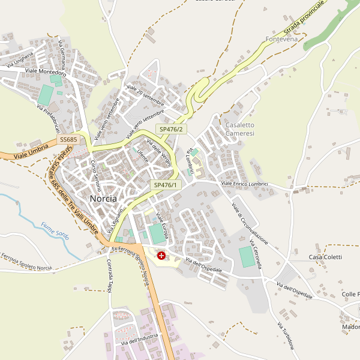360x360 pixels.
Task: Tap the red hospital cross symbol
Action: (x=161, y=256)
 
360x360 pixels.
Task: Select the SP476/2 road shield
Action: (x=171, y=129)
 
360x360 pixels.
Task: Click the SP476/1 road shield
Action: (x=165, y=185)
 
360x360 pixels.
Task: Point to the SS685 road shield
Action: (x=67, y=139)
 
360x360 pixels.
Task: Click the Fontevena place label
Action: (x=281, y=40)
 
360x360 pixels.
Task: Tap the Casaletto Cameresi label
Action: (x=240, y=129)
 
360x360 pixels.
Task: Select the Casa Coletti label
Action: (x=325, y=257)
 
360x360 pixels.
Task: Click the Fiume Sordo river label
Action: (x=55, y=230)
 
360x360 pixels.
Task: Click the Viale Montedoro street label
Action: (x=46, y=71)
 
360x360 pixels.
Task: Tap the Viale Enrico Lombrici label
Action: (x=244, y=183)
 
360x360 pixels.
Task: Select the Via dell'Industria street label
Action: (x=139, y=340)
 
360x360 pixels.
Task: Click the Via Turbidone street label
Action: (x=286, y=336)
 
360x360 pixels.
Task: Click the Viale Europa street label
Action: (x=162, y=225)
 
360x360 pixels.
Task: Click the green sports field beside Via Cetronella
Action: (x=247, y=257)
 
